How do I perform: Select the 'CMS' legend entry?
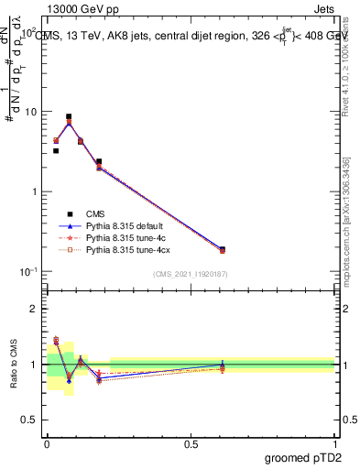96,213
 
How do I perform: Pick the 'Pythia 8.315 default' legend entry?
126,225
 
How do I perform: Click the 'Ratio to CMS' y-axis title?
13,365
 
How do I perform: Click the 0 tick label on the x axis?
47,443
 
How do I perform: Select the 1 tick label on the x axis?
334,443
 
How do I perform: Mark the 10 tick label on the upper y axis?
29,112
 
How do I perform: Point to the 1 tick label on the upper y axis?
33,191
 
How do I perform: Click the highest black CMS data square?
69,117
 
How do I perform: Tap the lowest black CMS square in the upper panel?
223,249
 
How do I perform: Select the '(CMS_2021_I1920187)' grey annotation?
190,275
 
